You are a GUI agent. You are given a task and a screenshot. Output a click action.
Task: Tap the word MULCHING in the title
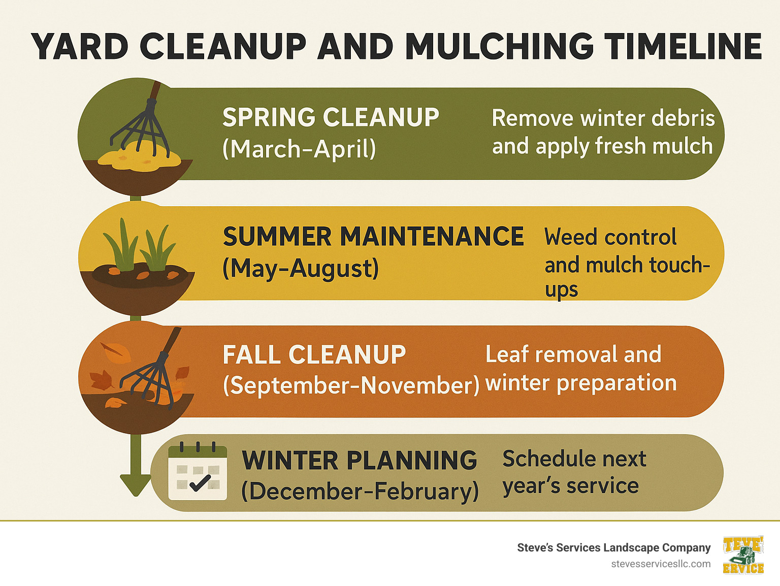coord(499,47)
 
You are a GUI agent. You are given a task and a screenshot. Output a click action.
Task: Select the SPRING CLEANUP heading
coord(331,117)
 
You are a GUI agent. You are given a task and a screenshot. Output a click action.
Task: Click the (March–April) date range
coord(299,149)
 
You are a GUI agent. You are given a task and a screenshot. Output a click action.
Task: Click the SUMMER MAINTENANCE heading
coord(373,237)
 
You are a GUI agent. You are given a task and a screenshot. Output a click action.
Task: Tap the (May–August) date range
coord(301,268)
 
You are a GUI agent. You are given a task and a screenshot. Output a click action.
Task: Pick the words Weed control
coord(610,237)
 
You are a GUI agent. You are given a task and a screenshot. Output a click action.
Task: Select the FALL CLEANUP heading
coord(314,354)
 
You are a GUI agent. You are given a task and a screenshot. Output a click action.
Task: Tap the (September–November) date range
coord(351,385)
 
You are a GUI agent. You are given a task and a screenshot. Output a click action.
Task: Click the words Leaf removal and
coord(573,354)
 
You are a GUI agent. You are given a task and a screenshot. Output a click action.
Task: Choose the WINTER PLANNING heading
coord(360,461)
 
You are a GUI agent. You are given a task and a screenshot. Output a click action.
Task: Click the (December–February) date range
coord(360,491)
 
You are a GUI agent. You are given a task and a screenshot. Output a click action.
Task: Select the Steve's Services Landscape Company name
coord(613,547)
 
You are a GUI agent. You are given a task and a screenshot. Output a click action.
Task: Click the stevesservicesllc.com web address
coord(661,564)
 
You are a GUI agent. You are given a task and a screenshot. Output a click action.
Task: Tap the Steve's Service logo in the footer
coord(743,555)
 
